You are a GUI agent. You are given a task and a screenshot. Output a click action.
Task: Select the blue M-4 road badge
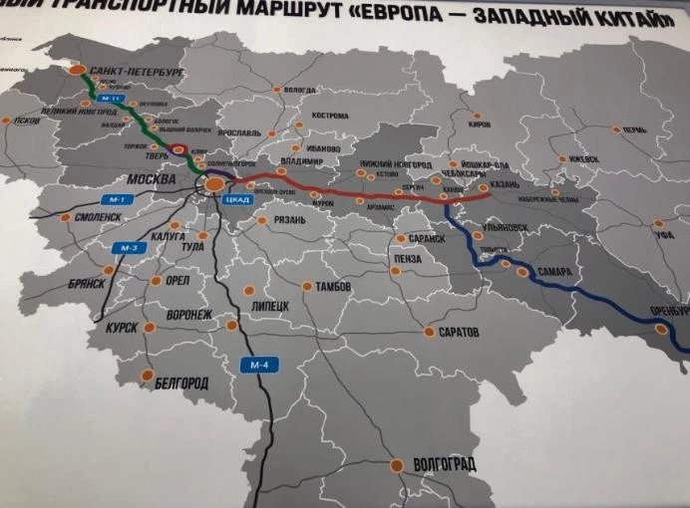click(259, 365)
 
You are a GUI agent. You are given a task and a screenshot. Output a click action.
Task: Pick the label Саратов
click(459, 330)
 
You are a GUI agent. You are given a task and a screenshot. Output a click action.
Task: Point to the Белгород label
click(181, 381)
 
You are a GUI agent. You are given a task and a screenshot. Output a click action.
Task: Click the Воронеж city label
click(188, 315)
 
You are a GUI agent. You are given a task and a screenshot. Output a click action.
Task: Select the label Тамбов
click(333, 286)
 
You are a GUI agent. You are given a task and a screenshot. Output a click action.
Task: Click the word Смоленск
click(97, 216)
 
